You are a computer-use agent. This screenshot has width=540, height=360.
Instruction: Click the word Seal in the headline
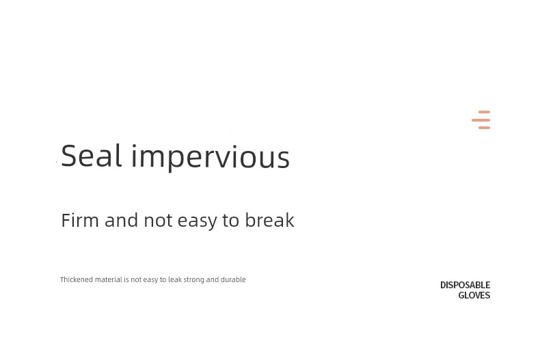coord(92,156)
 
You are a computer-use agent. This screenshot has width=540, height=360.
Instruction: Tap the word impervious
coord(211,158)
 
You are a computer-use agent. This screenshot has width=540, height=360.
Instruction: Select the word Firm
coord(80,220)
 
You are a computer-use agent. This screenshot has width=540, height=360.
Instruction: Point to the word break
coord(269,219)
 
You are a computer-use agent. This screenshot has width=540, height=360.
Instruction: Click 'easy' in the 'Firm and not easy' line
coord(198,221)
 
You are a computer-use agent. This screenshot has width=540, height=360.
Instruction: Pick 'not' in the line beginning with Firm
coord(158,220)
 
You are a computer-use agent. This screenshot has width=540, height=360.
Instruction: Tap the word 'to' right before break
coord(231,220)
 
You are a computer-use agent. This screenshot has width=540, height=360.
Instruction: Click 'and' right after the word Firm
coord(121,220)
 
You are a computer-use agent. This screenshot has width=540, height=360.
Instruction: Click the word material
coord(109,279)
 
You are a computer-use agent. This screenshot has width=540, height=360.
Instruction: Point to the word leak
coord(175,279)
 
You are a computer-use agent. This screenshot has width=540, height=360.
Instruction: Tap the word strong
coord(194,280)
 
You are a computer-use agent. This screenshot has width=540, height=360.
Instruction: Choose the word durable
coord(233,279)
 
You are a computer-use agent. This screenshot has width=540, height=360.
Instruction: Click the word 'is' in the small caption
coord(126,279)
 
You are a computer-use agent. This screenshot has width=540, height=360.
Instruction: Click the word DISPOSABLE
coord(465,285)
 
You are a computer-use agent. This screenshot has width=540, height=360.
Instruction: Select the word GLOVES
coord(474,295)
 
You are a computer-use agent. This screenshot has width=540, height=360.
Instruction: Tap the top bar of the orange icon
coord(484,112)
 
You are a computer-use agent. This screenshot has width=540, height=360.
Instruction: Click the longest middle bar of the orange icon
coord(481,120)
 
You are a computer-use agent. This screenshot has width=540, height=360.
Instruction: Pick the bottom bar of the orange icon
coord(484,128)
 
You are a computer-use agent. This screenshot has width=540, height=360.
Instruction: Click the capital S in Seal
coord(68,156)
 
